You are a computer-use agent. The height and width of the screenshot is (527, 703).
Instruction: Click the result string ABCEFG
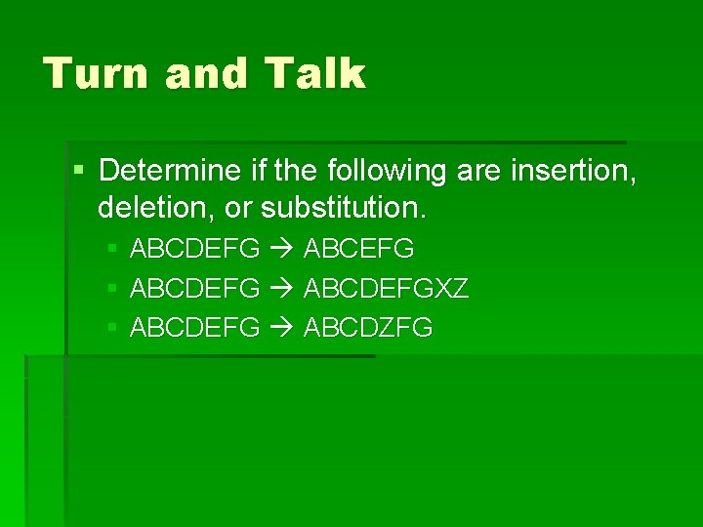pyautogui.click(x=359, y=250)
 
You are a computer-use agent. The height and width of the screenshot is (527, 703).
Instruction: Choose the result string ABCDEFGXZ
pyautogui.click(x=387, y=289)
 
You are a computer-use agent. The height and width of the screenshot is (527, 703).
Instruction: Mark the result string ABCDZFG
pyautogui.click(x=368, y=328)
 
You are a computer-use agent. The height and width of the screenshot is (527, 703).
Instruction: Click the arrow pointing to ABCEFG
pyautogui.click(x=282, y=250)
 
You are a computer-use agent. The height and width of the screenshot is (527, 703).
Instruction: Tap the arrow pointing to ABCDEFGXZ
pyautogui.click(x=282, y=289)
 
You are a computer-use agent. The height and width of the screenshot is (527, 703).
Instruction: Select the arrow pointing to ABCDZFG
pyautogui.click(x=282, y=328)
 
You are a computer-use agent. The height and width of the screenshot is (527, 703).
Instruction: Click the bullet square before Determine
pyautogui.click(x=79, y=172)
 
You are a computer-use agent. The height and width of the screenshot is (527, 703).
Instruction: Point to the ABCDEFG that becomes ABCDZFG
pyautogui.click(x=194, y=328)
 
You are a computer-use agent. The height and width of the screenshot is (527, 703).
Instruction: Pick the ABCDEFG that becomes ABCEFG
pyautogui.click(x=194, y=250)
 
